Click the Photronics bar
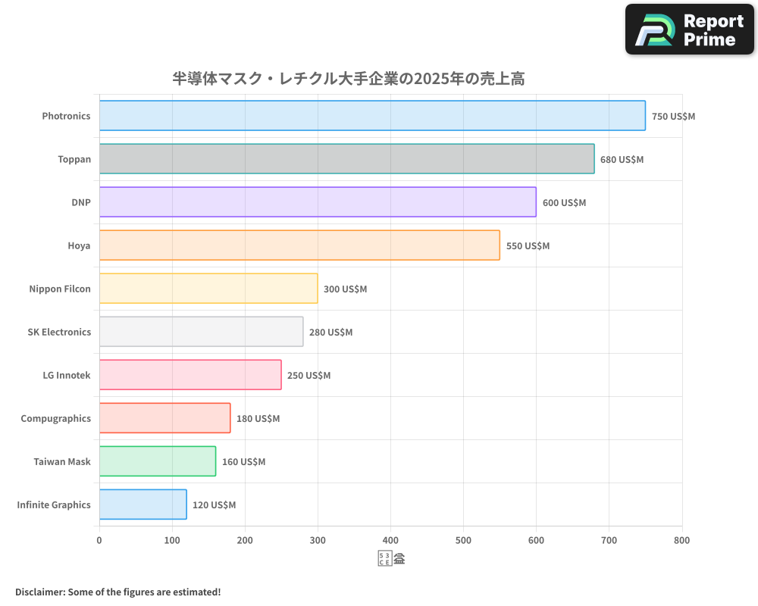372,116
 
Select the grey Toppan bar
346,159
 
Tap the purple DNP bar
318,202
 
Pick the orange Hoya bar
299,245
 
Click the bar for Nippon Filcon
208,289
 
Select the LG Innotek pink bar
190,375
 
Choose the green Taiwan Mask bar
158,461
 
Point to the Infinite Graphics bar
143,504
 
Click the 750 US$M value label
673,117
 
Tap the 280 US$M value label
330,333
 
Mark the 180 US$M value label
258,419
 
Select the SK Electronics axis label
59,332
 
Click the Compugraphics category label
55,418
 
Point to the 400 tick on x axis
390,540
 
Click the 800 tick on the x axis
681,540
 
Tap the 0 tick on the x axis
99,540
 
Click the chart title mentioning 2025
348,79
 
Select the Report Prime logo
689,30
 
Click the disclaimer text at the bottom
117,592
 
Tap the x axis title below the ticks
391,560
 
